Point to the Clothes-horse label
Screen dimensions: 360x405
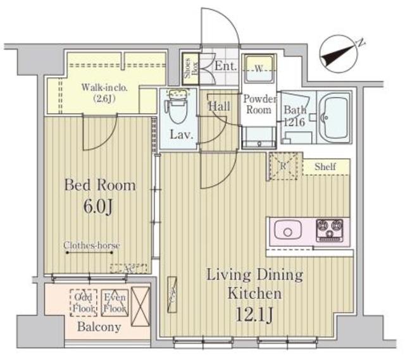(92, 245)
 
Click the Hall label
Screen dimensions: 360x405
(220, 107)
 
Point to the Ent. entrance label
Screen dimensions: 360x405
(224, 66)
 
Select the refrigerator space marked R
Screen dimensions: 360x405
(282, 166)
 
